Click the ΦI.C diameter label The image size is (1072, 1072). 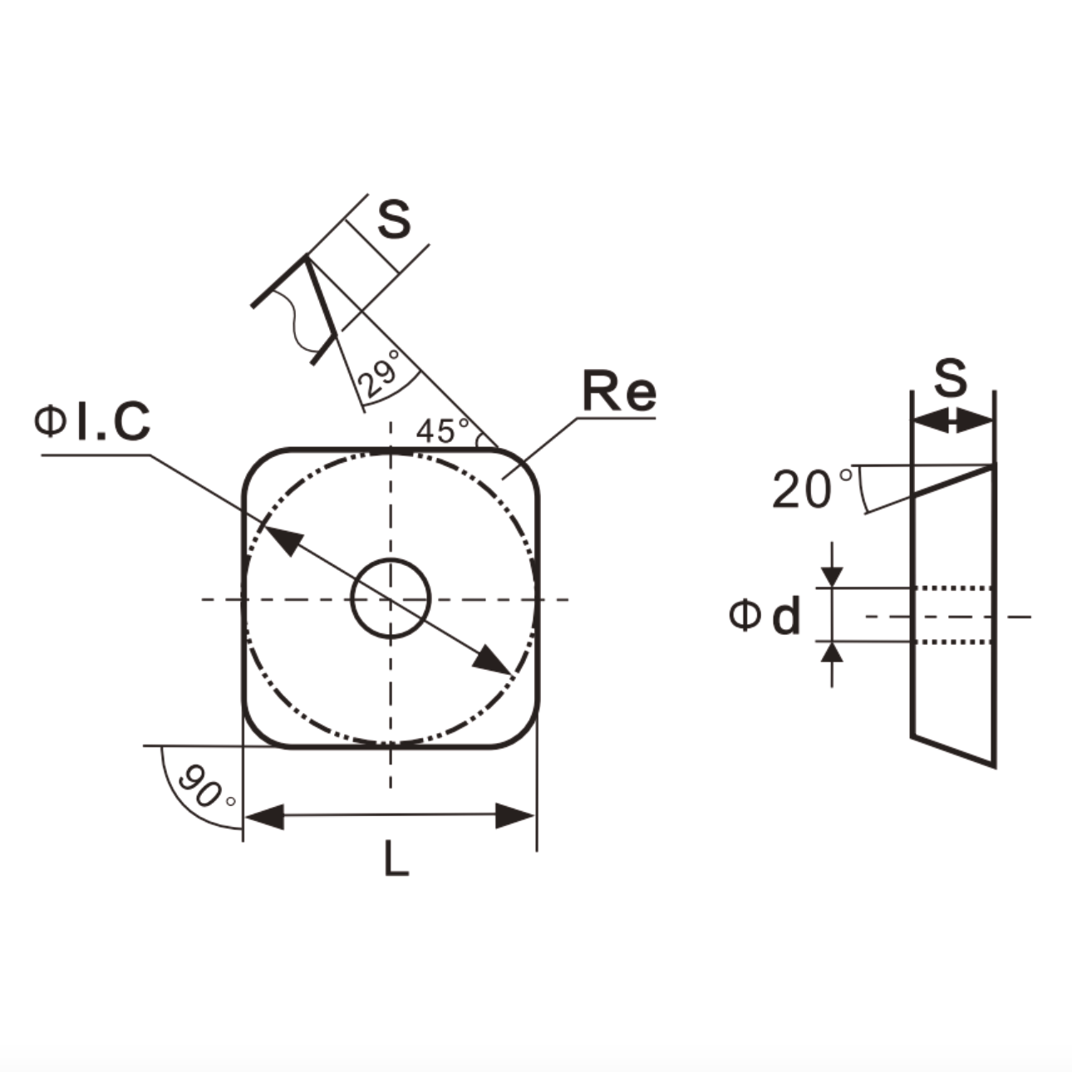[91, 421]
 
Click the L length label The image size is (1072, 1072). [396, 859]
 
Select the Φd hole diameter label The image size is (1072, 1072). [765, 616]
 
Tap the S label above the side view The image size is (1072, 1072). [951, 379]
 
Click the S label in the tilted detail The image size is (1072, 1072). [393, 220]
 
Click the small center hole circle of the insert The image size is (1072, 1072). [390, 598]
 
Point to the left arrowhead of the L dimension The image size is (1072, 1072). [264, 816]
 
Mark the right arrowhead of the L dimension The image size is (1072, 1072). [514, 816]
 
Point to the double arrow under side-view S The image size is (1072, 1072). [952, 422]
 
